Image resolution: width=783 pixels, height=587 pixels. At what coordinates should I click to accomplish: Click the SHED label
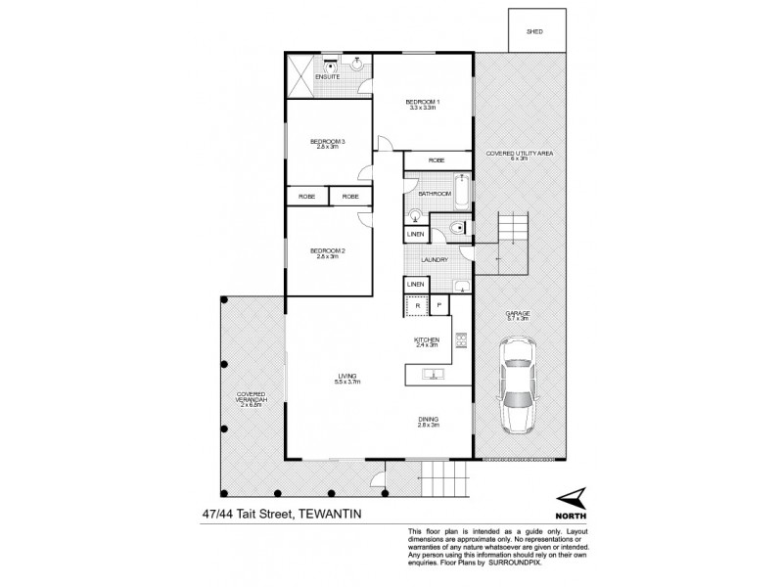coord(534,32)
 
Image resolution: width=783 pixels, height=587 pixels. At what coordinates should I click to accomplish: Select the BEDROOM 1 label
coord(424,103)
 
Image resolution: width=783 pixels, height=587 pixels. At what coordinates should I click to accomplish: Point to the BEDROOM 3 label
coord(328,143)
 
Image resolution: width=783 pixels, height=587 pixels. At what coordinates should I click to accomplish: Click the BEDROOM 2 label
coord(328,251)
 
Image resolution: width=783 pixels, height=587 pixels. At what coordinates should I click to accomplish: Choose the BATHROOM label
coord(435,195)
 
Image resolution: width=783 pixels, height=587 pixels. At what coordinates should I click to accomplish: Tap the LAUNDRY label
coord(435,260)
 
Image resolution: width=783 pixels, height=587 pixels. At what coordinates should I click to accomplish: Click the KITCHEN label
coord(429,339)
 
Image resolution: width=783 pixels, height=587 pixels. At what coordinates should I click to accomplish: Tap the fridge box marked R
coord(418,306)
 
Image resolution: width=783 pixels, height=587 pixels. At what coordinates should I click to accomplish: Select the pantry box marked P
coord(439,306)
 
